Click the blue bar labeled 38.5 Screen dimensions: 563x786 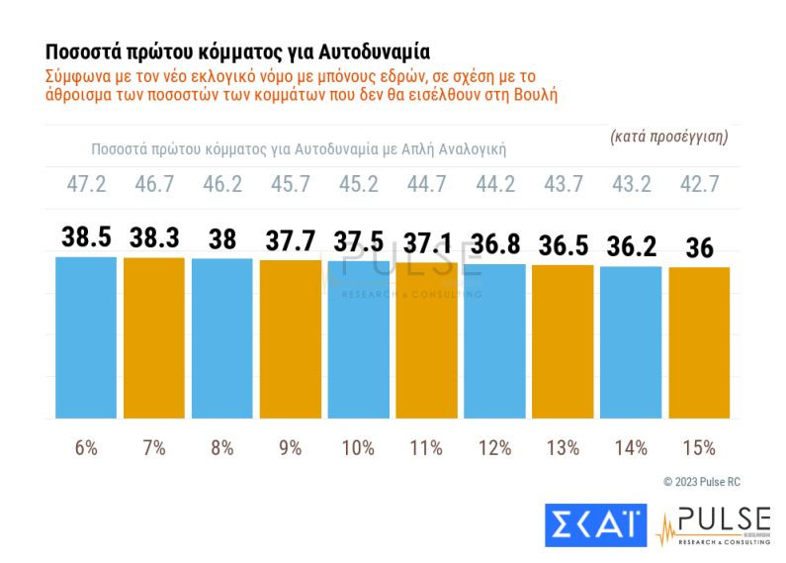pos(85,336)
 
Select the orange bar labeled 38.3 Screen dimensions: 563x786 pos(153,336)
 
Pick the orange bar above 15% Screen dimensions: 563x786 pos(699,342)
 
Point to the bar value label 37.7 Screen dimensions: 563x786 pos(290,241)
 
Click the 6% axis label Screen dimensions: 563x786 pos(85,448)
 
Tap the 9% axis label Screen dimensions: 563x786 pos(290,448)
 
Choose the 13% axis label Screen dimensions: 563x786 pos(563,448)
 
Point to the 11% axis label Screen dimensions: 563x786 pos(426,448)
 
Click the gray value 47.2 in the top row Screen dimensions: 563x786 pos(85,186)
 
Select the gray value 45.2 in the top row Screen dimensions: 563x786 pos(358,186)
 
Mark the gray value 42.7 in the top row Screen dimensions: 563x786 pos(699,186)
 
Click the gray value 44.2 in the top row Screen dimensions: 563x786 pos(494,186)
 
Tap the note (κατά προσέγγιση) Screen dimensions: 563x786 pos(669,137)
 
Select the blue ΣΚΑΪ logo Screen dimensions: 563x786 pos(595,525)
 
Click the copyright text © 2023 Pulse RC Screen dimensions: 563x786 pos(701,482)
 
